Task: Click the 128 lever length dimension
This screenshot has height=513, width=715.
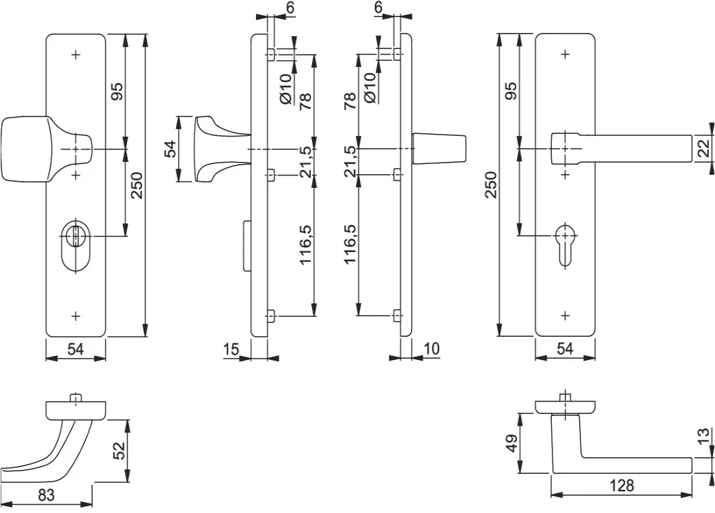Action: pos(621,485)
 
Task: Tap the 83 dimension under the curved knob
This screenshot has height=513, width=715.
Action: pos(46,495)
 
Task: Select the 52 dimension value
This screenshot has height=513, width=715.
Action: pos(119,451)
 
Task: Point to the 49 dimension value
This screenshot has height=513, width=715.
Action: pos(512,443)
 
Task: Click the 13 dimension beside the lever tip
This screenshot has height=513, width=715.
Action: pos(704,436)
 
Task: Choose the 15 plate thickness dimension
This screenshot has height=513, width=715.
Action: pos(232,349)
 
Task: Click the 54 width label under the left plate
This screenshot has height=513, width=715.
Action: pos(76,349)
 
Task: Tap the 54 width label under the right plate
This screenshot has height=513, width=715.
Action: pos(565,349)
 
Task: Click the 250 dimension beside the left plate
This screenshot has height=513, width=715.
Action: pos(137,185)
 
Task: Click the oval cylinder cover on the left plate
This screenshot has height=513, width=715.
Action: pos(76,247)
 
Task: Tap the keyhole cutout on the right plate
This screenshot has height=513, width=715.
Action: pos(565,245)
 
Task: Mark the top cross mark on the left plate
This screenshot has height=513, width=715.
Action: pos(76,55)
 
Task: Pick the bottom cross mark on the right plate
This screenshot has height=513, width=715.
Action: pos(565,316)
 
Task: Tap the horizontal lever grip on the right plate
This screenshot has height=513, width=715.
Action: pos(622,149)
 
